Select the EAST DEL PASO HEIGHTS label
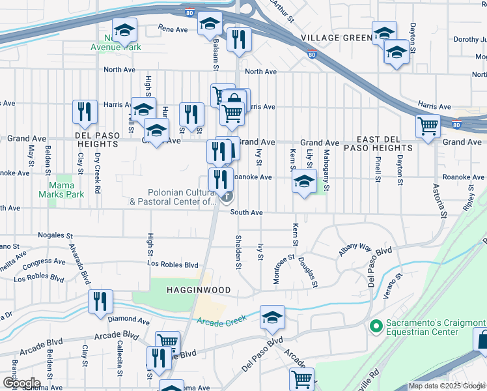393,148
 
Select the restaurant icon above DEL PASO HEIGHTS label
85,112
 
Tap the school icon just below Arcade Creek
272,317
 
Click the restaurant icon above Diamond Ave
100,302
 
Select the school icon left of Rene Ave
124,30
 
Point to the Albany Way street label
354,249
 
